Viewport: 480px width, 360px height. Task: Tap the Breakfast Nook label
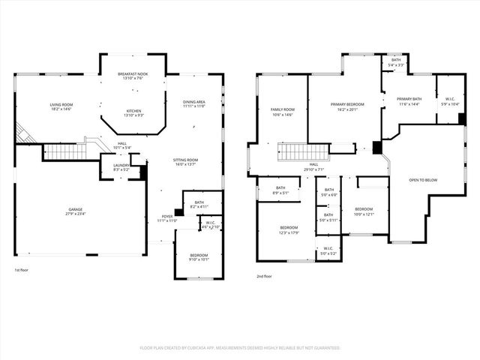click(134, 74)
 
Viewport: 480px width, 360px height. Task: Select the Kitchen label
click(133, 111)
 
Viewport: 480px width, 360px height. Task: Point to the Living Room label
click(61, 105)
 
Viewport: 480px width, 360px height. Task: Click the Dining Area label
click(193, 102)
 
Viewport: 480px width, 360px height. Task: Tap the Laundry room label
click(121, 165)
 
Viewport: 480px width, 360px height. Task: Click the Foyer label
click(166, 217)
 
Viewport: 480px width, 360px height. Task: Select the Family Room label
click(283, 109)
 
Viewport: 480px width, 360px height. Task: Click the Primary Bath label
click(409, 99)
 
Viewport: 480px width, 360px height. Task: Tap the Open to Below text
click(423, 180)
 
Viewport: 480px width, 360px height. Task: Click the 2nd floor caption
click(264, 276)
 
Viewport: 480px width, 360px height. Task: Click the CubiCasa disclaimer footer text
click(240, 348)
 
